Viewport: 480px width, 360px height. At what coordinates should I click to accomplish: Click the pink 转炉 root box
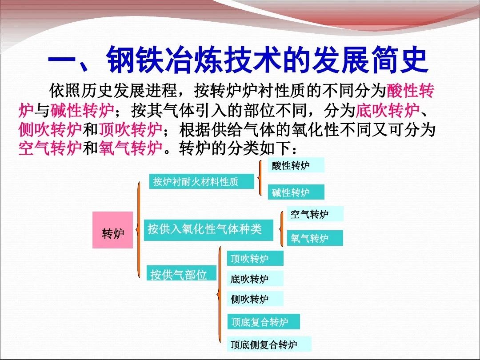tap(113, 230)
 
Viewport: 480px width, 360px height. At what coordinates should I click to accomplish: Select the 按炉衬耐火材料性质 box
tap(201, 181)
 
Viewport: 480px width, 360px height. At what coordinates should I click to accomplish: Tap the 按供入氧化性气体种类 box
tap(208, 230)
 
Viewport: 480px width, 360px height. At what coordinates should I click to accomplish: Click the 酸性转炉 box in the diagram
tap(296, 165)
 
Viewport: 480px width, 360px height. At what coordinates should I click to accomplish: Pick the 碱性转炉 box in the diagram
tap(296, 192)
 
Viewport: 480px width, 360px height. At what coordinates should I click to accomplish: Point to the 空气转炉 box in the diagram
tap(315, 214)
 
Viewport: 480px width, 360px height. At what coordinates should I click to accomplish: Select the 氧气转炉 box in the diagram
tap(315, 238)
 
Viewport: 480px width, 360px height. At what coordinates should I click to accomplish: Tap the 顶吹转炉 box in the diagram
tap(255, 258)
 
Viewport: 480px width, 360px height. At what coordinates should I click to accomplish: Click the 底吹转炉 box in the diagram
tap(255, 279)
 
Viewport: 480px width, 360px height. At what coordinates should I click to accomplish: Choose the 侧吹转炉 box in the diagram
tap(255, 299)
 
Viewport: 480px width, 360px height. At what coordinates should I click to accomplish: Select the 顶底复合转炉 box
tap(264, 322)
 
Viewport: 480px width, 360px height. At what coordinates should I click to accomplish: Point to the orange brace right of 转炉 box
tap(140, 230)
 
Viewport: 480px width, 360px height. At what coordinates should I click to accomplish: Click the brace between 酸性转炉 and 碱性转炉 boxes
tap(260, 178)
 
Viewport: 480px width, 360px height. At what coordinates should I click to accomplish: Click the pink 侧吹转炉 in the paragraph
tap(50, 130)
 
